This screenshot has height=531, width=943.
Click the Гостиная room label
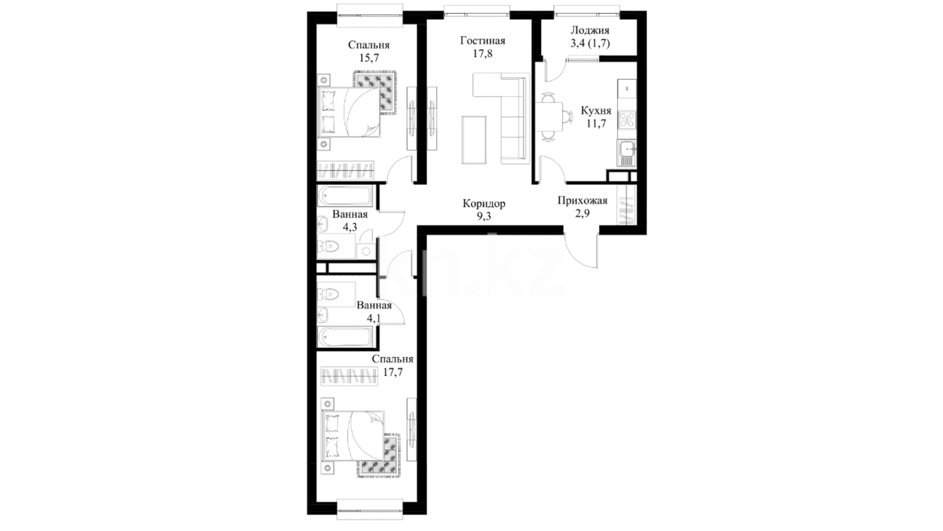coord(482,41)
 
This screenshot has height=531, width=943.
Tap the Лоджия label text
coord(589,30)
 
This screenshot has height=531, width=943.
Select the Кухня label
coord(596,111)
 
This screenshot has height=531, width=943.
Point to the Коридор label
coord(484,204)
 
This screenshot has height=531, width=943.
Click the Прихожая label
coord(582,201)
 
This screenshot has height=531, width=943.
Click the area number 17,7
coord(392,372)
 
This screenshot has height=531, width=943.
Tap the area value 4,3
coord(350,227)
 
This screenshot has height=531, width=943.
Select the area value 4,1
coord(374,318)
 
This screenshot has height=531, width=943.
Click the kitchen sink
coord(627,153)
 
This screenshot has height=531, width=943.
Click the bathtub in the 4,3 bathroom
coord(345,196)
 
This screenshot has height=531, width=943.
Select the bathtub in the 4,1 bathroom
coord(345,337)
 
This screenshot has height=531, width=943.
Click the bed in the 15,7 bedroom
coord(349,112)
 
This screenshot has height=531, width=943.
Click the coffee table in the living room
coord(474,140)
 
